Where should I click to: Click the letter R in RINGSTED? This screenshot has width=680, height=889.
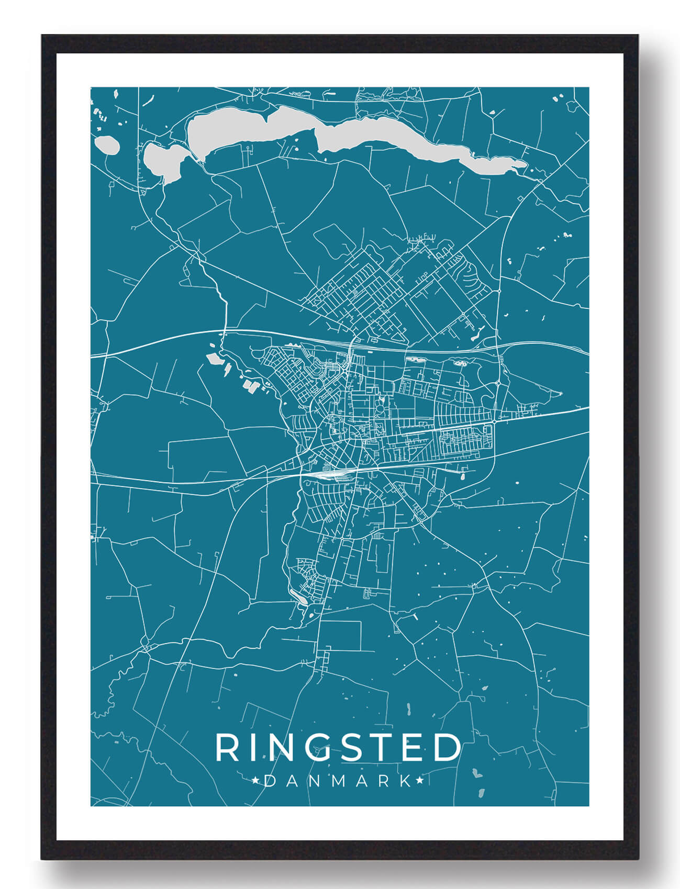[x=227, y=748]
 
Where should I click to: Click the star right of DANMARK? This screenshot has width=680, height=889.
[x=419, y=781]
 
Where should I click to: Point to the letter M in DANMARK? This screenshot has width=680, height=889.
[x=338, y=781]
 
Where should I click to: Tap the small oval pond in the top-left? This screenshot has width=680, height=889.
[x=107, y=145]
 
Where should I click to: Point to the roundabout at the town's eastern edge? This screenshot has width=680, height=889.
[x=494, y=421]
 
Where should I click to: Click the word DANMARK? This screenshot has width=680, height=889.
[x=338, y=781]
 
